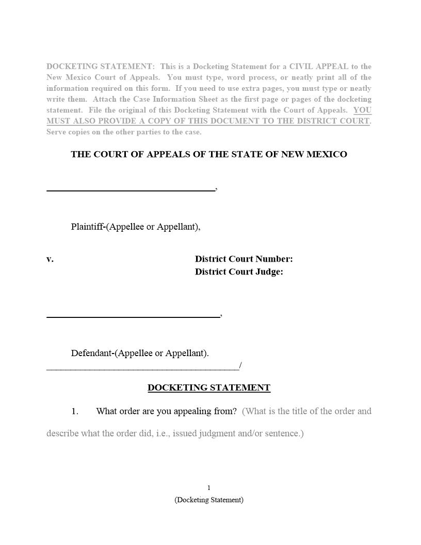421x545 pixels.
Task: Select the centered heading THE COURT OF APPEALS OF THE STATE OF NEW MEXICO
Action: [x=209, y=154]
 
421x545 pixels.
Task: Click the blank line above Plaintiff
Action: [x=131, y=190]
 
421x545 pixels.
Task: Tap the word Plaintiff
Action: [x=87, y=227]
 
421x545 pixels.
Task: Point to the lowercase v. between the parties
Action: [x=50, y=259]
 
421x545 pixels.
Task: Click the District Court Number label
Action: [x=244, y=259]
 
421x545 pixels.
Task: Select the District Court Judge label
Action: [x=239, y=272]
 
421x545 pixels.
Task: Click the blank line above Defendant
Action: [x=133, y=316]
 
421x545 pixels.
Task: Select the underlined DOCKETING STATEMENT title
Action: [x=209, y=388]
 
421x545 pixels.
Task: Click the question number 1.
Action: [x=75, y=411]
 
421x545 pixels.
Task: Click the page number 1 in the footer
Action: [x=209, y=488]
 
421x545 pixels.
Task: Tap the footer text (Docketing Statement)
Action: [x=209, y=500]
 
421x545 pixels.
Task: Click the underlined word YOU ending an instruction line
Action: [x=362, y=110]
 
